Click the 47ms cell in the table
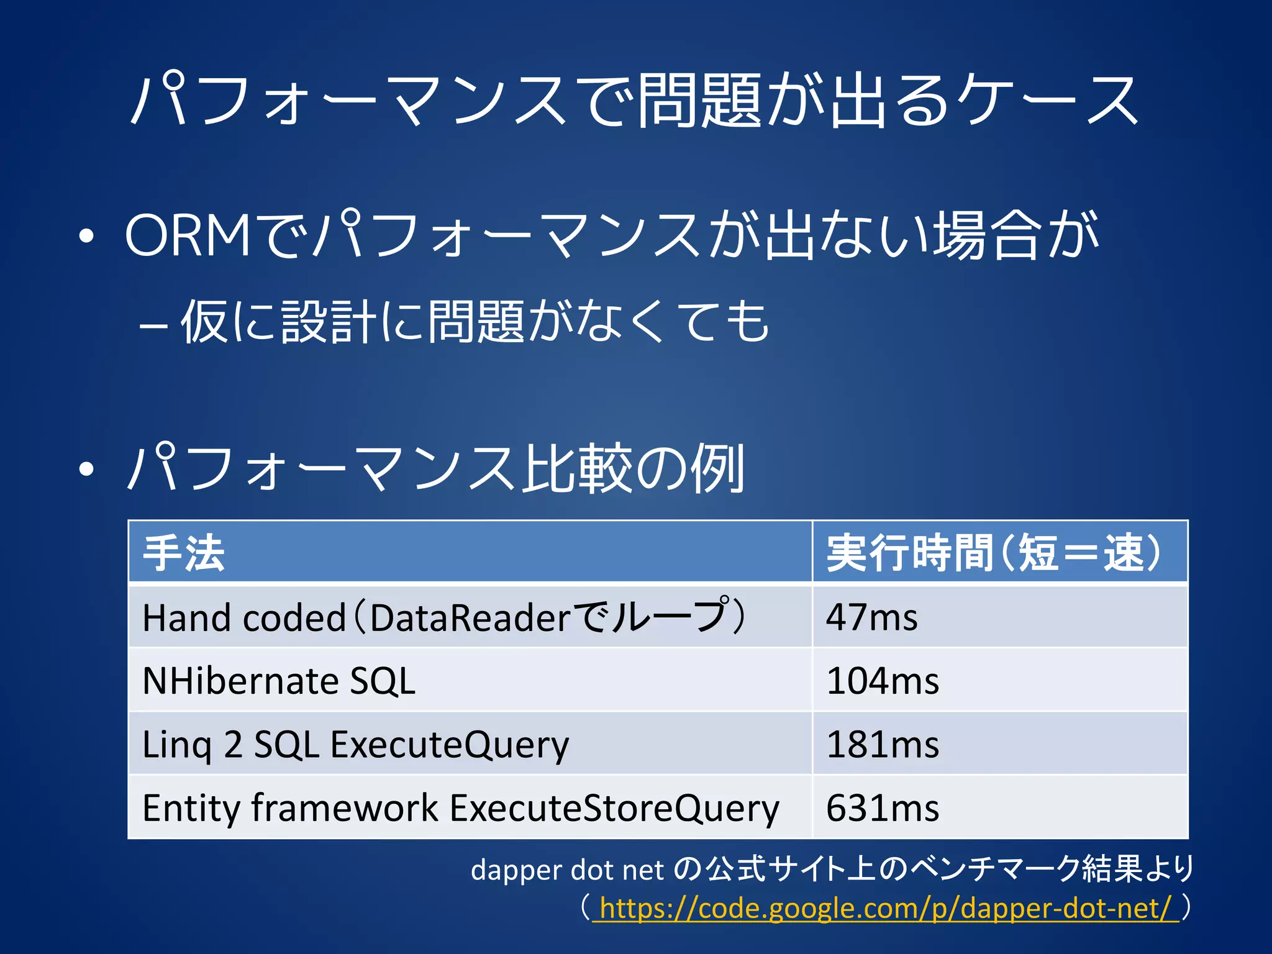pos(871,617)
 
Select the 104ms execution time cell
pos(882,681)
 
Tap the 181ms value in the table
pos(882,744)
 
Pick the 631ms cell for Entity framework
pos(882,808)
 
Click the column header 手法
pos(184,552)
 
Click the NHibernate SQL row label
pos(279,681)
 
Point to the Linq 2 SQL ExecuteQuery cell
pos(355,744)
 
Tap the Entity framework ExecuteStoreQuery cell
pos(460,808)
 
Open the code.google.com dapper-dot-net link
pos(885,908)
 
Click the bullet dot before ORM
pos(87,237)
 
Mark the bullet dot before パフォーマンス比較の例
pos(87,469)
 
